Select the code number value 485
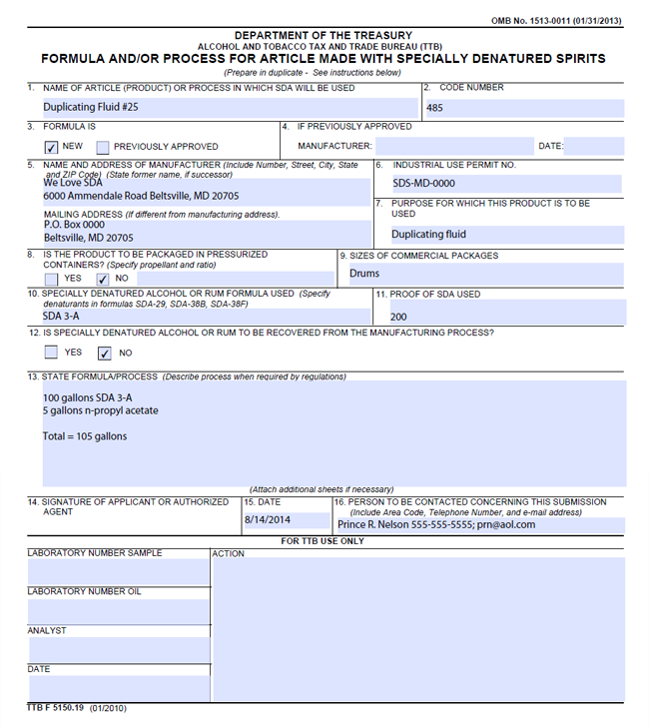pyautogui.click(x=434, y=108)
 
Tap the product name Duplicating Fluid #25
pyautogui.click(x=91, y=107)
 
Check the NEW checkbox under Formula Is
pyautogui.click(x=52, y=147)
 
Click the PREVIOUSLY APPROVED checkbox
pyautogui.click(x=103, y=147)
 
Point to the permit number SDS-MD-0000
pyautogui.click(x=423, y=184)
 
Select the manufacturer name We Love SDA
pyautogui.click(x=73, y=183)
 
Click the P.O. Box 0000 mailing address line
pyautogui.click(x=74, y=225)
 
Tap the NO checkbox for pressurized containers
pyautogui.click(x=103, y=279)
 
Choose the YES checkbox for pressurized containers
pyautogui.click(x=52, y=279)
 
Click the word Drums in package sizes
pyautogui.click(x=364, y=273)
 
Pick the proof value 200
pyautogui.click(x=398, y=317)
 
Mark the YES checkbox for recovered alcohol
pyautogui.click(x=52, y=353)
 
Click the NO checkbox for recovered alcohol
pyautogui.click(x=104, y=353)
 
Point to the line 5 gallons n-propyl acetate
pyautogui.click(x=100, y=410)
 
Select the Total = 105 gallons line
pyautogui.click(x=85, y=436)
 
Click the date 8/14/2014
pyautogui.click(x=267, y=520)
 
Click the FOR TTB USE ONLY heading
pyautogui.click(x=323, y=541)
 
